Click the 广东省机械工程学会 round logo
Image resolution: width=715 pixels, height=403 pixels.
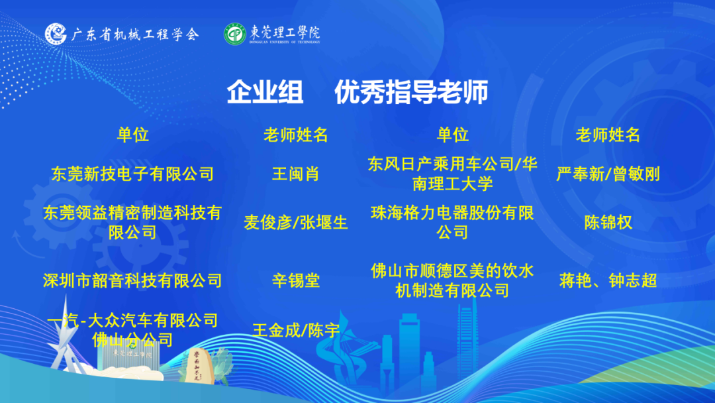56,34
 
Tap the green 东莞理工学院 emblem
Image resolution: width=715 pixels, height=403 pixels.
235,34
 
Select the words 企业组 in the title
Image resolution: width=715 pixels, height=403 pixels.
265,91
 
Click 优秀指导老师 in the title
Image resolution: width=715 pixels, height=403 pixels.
411,91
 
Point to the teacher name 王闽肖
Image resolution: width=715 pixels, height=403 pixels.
295,174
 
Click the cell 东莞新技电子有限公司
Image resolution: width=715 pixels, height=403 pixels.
132,174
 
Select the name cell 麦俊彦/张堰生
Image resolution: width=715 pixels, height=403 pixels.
295,223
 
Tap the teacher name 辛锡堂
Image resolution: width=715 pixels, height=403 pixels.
295,280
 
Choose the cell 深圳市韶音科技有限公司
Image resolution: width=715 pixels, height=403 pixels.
132,280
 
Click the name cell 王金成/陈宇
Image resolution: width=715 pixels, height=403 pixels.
296,331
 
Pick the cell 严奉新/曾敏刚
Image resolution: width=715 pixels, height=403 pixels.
608,174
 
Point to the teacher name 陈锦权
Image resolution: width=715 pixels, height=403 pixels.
608,223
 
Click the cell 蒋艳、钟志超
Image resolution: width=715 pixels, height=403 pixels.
608,280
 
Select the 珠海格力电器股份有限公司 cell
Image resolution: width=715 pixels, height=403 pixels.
452,222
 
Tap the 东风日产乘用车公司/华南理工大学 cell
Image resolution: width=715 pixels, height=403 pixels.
452,174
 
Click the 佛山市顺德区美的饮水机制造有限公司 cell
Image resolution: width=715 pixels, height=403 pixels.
452,280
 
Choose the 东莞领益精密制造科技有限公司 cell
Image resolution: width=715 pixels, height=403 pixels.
132,222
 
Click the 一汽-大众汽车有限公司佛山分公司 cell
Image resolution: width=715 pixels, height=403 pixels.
132,330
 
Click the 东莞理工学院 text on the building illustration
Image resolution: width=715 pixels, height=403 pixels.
132,353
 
